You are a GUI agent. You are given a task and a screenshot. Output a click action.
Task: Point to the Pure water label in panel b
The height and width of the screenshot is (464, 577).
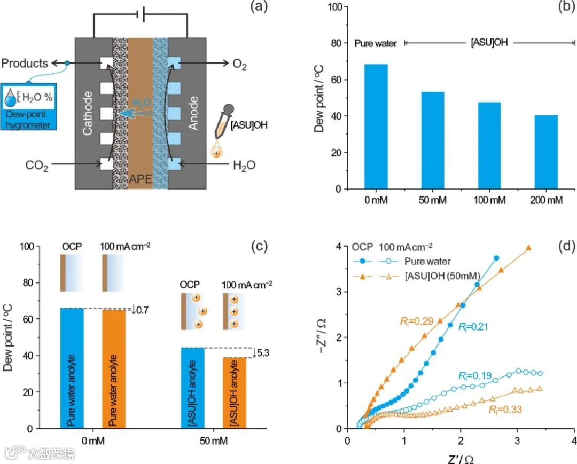376,43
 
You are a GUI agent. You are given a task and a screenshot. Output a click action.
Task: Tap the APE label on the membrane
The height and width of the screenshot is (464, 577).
141,179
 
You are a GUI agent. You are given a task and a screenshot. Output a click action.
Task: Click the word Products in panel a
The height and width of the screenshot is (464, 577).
25,63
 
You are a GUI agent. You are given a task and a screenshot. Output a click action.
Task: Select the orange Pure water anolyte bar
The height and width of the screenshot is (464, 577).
114,369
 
